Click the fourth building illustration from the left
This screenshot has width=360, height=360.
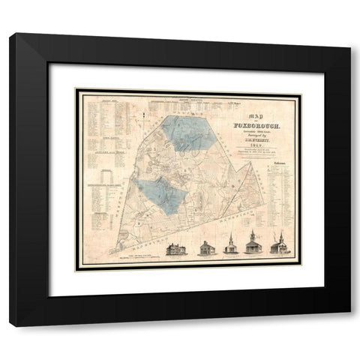point(256,247)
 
